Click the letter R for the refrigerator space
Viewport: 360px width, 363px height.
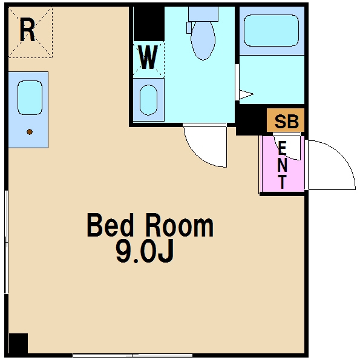coord(27,30)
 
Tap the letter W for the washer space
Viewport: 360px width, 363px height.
coord(148,57)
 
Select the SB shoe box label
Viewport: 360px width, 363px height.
coord(286,122)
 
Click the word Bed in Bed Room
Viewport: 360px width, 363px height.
coord(110,225)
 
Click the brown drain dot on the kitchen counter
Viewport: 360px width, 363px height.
coord(30,132)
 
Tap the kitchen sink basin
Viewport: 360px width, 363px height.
coord(30,97)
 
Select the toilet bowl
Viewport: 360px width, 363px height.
coord(203,41)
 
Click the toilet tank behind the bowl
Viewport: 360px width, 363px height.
coord(203,14)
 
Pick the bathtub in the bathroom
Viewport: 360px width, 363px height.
coord(271,31)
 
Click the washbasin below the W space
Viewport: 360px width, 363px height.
coord(148,100)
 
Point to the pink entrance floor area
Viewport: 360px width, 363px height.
coord(283,164)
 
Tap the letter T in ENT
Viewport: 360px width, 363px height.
coord(283,182)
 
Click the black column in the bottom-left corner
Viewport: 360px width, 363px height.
coord(18,343)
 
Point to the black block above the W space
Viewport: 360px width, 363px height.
coord(149,24)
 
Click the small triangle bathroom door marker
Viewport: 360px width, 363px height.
coord(246,94)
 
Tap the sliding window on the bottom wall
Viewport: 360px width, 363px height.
coord(133,355)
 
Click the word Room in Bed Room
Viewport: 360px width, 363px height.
coord(180,225)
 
